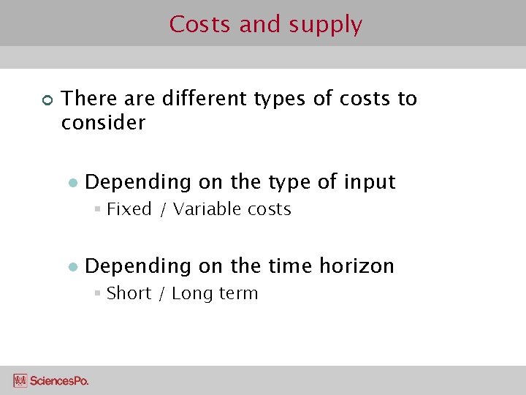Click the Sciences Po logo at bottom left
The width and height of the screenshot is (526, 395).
[x=50, y=380]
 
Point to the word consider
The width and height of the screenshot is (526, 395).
[x=103, y=122]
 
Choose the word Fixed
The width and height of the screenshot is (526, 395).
[x=129, y=209]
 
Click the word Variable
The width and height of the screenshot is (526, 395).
[x=207, y=209]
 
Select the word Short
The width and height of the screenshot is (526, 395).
[x=129, y=293]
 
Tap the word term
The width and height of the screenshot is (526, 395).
[x=239, y=293]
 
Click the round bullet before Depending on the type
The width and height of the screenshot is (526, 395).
[x=72, y=183]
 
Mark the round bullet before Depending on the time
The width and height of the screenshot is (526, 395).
[x=72, y=267]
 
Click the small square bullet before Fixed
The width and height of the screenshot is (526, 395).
[x=97, y=210]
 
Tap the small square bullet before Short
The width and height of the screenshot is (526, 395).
[x=97, y=294]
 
